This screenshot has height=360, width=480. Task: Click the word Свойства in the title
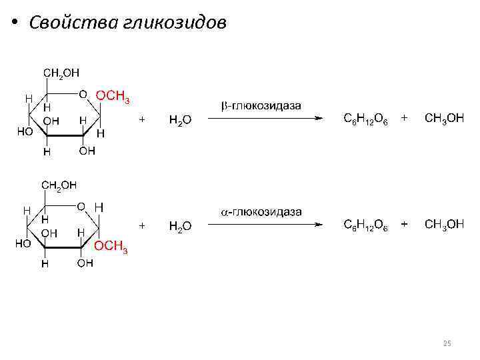(73, 22)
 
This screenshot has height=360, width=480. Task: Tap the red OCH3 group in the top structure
(113, 97)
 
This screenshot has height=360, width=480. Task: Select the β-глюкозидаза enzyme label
(261, 106)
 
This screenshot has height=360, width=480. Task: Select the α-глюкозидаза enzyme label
(261, 212)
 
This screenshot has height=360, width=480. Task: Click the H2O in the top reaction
(180, 120)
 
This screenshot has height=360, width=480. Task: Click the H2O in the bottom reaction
(180, 226)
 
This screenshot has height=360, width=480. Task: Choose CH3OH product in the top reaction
(444, 119)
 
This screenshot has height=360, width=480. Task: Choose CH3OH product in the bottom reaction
(444, 225)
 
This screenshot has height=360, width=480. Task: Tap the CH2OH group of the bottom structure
(60, 185)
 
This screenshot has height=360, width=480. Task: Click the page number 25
(447, 343)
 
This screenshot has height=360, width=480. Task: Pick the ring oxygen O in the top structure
(83, 94)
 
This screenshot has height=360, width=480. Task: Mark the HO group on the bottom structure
(23, 244)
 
